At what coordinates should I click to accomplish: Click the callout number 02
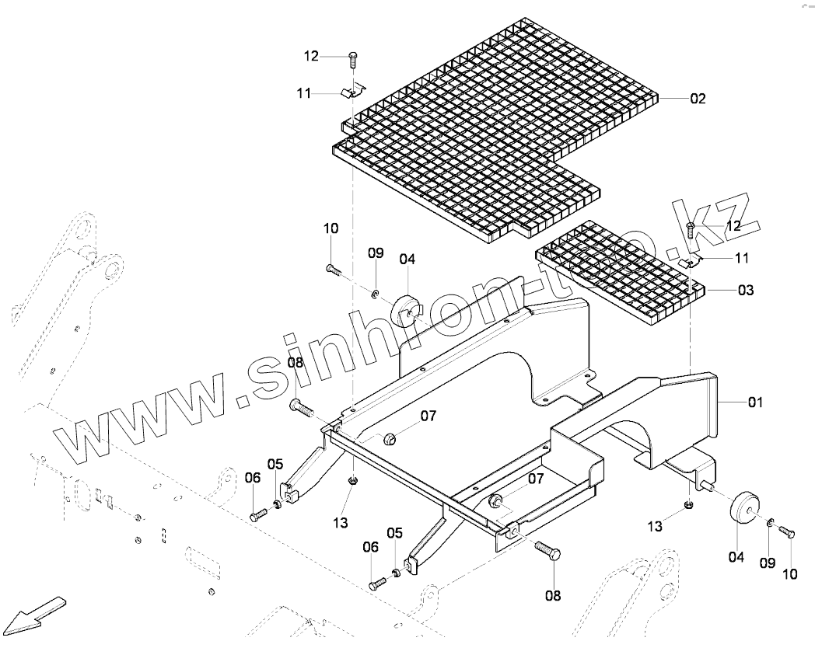[698, 99]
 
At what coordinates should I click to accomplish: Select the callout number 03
[745, 290]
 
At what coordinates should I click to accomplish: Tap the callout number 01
[755, 402]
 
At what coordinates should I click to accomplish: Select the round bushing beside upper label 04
[407, 308]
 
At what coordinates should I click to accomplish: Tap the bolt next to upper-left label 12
[353, 58]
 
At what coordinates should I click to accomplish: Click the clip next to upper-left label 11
[352, 92]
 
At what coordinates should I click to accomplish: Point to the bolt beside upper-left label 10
[333, 269]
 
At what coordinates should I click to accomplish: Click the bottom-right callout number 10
[790, 574]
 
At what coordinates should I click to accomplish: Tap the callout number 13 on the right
[656, 527]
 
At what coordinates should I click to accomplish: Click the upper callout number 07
[428, 416]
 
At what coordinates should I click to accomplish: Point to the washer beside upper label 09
[375, 293]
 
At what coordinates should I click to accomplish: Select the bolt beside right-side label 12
[691, 228]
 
